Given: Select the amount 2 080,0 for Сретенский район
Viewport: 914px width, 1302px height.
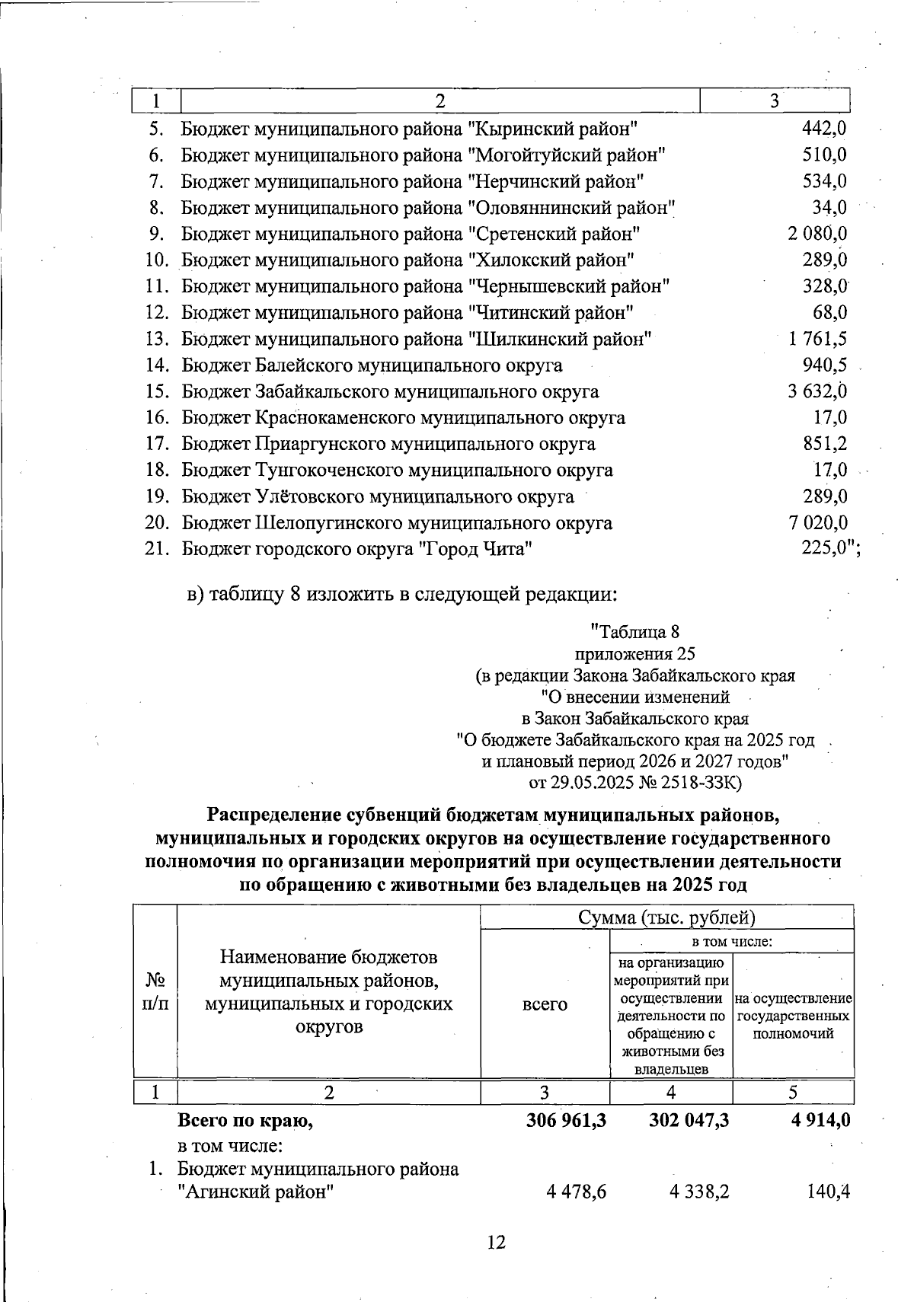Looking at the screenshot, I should pos(817,234).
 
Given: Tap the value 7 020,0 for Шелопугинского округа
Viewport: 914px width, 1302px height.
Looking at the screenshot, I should pos(817,522).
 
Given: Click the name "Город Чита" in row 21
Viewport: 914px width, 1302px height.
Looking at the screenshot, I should pos(475,549).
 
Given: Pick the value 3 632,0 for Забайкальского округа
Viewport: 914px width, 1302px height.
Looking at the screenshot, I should pos(817,391).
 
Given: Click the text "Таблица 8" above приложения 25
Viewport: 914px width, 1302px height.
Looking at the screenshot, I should pos(634,632).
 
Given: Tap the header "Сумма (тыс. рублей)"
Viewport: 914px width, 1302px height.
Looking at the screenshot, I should pos(666,917).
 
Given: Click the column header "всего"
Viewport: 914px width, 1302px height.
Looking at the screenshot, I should pos(545,1004).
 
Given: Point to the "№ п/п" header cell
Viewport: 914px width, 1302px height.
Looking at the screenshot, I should pos(155,991).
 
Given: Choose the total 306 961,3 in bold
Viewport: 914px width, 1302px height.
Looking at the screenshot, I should pos(566,1120).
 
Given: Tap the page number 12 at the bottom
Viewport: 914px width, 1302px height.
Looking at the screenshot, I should pos(496,1243).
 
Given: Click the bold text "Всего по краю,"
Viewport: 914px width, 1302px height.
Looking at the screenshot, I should pos(245,1120).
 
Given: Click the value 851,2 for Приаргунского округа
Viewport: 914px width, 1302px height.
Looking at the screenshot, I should pos(825,444).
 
